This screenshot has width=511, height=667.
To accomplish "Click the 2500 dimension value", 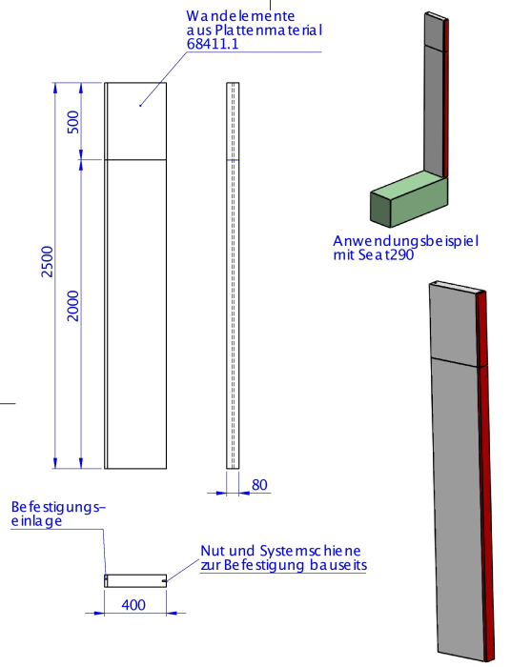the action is pos(48,262).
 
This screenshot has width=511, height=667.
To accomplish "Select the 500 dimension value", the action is pos(73,122).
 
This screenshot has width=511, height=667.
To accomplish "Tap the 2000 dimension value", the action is pos(73,306).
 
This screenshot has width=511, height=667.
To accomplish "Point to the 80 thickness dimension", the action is pos(259,485).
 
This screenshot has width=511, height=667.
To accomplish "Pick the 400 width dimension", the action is pos(133,605).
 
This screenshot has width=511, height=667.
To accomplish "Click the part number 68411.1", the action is pos(213,44).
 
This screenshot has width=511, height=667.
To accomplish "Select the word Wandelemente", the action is pos(240,16).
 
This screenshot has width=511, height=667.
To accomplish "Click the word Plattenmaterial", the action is pos(269,30).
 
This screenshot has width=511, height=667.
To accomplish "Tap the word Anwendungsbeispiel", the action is pos(406,241).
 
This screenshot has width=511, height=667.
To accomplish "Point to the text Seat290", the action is pos(386,255).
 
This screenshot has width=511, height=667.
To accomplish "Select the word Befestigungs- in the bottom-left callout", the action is pos(58,508).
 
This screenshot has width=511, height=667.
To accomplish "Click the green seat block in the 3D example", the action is pos(408,198).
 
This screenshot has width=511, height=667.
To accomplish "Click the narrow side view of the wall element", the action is pos(233,275).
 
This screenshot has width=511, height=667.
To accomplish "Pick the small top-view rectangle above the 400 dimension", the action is pos(135,580).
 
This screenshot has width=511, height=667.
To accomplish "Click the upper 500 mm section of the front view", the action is pos(135,121).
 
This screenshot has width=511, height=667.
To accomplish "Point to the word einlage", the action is pos(36,521).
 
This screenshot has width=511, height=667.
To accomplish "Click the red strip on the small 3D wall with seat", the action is pos(445,98).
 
